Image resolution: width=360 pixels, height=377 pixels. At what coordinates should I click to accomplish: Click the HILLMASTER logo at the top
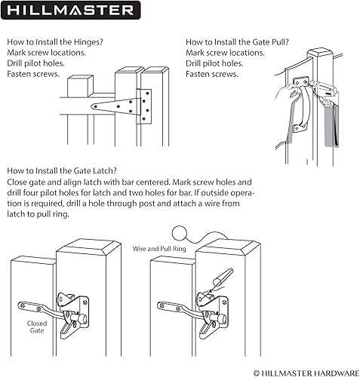click(x=72, y=11)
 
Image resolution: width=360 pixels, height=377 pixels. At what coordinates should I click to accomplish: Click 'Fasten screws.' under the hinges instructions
click(x=32, y=74)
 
